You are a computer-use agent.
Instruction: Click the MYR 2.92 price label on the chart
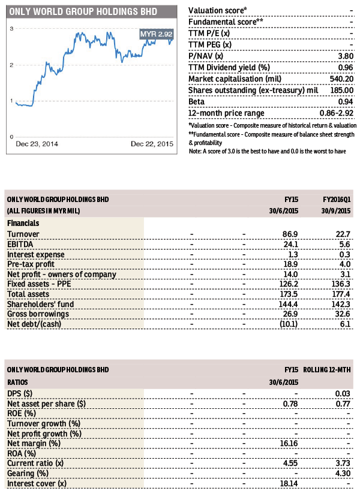pos(157,34)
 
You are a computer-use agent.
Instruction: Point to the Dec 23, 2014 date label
pos(37,144)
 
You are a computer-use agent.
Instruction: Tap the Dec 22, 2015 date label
pos(152,144)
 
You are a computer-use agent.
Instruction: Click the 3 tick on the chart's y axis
pos(12,29)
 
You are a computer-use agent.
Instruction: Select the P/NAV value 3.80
pos(346,56)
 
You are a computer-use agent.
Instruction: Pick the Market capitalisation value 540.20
pos(341,79)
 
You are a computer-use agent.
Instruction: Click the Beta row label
pos(196,102)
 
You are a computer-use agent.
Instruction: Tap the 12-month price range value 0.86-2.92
pos(336,113)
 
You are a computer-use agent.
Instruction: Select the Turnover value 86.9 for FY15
pos(290,234)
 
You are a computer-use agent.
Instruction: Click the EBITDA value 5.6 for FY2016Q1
pos(344,245)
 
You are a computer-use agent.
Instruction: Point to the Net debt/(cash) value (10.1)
pos(289,324)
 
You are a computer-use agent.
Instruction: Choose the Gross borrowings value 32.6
pos(343,314)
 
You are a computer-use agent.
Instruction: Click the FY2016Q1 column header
pos(337,200)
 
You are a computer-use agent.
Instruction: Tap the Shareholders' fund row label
pos(41,305)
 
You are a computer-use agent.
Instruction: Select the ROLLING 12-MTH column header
pos(326,369)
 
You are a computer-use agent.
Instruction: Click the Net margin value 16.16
pos(289,443)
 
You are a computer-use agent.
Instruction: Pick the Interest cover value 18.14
pos(289,483)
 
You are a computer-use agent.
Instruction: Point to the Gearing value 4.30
pos(343,473)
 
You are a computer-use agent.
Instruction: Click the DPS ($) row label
pos(20,394)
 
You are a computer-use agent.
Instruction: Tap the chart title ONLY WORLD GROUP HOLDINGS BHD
pos(83,12)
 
